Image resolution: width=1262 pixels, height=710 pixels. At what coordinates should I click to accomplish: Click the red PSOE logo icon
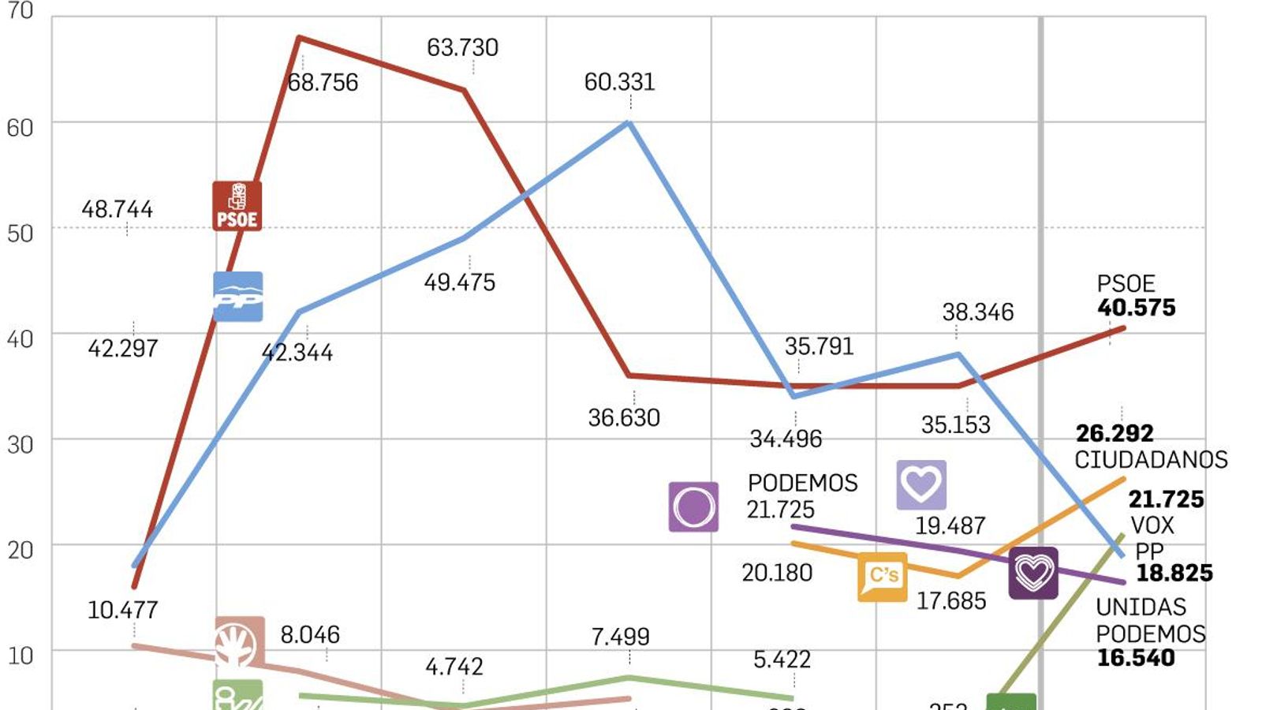[237, 206]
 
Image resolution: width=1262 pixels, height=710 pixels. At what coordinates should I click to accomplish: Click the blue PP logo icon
[237, 297]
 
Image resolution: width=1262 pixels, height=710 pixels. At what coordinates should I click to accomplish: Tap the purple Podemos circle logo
[693, 506]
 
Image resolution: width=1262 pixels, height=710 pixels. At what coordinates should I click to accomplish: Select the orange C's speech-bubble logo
[883, 577]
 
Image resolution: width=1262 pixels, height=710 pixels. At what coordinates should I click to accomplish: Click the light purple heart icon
[921, 484]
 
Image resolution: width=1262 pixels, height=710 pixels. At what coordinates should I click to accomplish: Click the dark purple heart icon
[1033, 573]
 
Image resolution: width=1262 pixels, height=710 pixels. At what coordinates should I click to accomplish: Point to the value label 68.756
[323, 83]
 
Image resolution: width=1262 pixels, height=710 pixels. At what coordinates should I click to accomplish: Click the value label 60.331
[619, 82]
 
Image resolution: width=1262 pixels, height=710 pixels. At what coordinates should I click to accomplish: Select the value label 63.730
[462, 48]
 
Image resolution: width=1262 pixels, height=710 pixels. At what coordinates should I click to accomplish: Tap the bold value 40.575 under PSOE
[1136, 308]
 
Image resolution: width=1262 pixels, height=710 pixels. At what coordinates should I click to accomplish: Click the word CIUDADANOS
[1151, 460]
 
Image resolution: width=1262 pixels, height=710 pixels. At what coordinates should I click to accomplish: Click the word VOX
[1152, 525]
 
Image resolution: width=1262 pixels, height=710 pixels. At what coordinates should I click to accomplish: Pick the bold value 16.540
[1136, 658]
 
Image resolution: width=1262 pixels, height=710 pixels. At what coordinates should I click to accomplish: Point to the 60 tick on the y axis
[21, 128]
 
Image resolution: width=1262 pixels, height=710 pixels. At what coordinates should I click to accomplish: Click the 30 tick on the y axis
[21, 445]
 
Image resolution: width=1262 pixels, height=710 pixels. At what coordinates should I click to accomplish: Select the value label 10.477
[122, 610]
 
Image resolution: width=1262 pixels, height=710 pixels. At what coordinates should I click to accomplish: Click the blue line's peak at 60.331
[629, 122]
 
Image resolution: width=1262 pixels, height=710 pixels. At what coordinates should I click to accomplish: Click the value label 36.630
[623, 418]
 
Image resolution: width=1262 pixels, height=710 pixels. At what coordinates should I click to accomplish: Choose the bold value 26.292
[1115, 433]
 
